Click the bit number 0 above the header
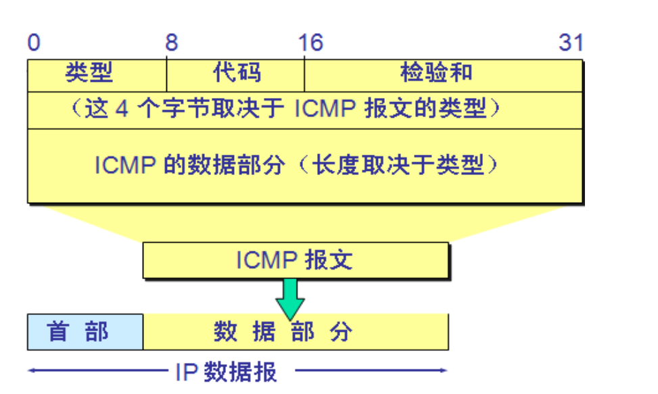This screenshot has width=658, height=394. (34, 43)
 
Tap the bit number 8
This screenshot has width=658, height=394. (171, 43)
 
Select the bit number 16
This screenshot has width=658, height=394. (310, 43)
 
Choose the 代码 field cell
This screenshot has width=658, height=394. (237, 73)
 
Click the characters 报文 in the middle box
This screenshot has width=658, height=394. (329, 260)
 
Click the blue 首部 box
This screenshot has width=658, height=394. (85, 332)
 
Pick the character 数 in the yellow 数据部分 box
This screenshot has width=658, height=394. (225, 332)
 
